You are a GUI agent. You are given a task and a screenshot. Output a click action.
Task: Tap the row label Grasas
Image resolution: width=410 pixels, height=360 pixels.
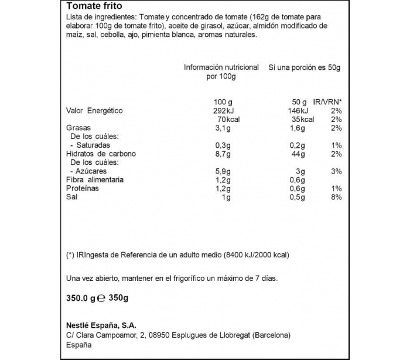click(78, 128)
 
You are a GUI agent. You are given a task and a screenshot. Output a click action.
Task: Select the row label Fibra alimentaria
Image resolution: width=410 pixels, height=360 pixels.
click(95, 180)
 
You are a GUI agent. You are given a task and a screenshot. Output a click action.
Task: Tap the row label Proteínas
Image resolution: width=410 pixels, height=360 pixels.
click(83, 189)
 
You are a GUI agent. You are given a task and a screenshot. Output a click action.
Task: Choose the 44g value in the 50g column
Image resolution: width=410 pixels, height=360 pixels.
click(298, 154)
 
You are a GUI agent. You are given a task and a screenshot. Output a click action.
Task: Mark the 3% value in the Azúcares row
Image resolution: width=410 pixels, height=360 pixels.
click(336, 171)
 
